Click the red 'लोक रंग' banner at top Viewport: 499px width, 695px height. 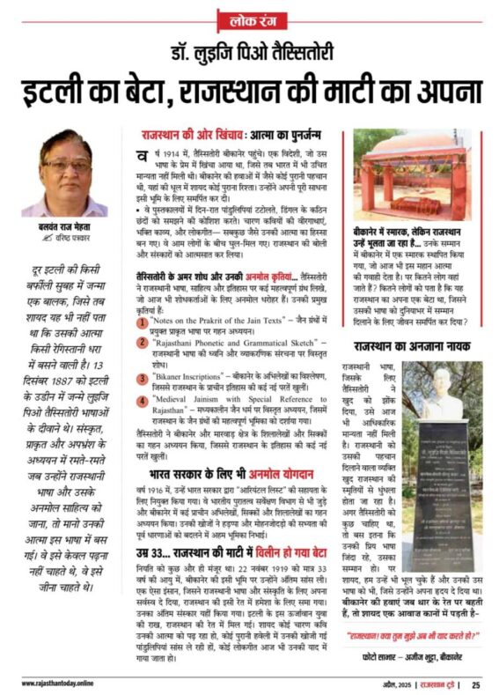coord(249,18)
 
